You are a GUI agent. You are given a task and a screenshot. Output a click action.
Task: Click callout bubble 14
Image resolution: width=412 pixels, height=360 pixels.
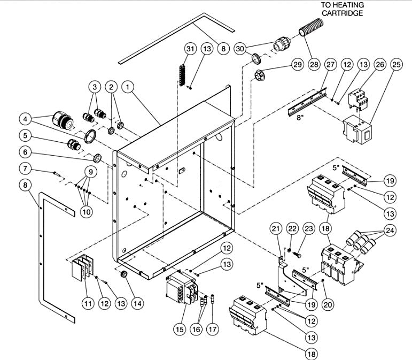[138, 303]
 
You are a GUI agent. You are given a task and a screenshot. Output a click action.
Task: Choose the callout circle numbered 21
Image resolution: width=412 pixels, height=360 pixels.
[275, 229]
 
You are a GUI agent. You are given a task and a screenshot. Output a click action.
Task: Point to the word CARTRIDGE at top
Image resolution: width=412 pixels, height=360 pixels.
[342, 13]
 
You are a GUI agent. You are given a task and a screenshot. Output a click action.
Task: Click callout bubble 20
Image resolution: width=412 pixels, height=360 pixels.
[328, 304]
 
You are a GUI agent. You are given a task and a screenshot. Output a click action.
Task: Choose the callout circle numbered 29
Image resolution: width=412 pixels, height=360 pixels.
[297, 65]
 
